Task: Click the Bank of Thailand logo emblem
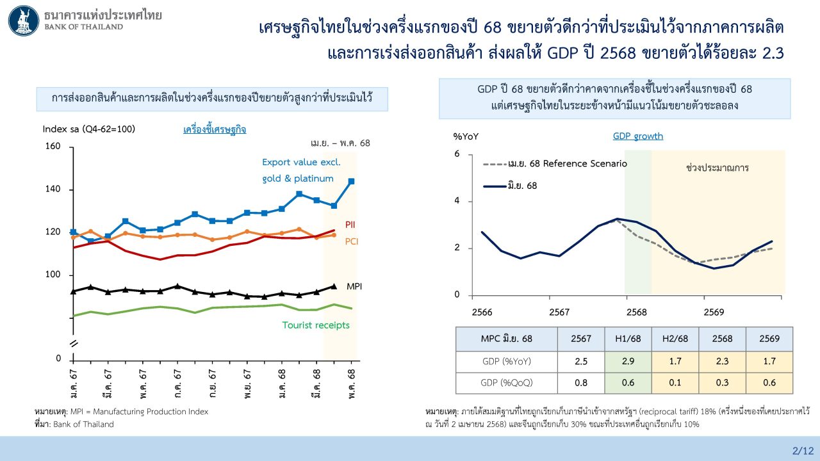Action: tap(23, 20)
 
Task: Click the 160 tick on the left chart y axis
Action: tap(53, 147)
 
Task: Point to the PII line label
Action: tap(350, 225)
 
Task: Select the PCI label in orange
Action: tap(352, 241)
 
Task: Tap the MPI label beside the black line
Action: tap(354, 286)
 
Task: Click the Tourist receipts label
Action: tap(316, 325)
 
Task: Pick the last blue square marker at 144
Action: tap(351, 182)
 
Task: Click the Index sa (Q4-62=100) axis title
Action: tap(89, 129)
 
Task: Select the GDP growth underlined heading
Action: tap(637, 136)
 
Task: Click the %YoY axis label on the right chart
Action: tap(466, 136)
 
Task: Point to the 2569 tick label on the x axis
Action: tap(714, 312)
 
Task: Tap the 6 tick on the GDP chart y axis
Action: tap(457, 154)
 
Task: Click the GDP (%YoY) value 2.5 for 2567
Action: tap(581, 361)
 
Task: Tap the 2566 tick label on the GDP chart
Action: tap(482, 312)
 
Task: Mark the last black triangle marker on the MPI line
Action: tap(333, 287)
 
